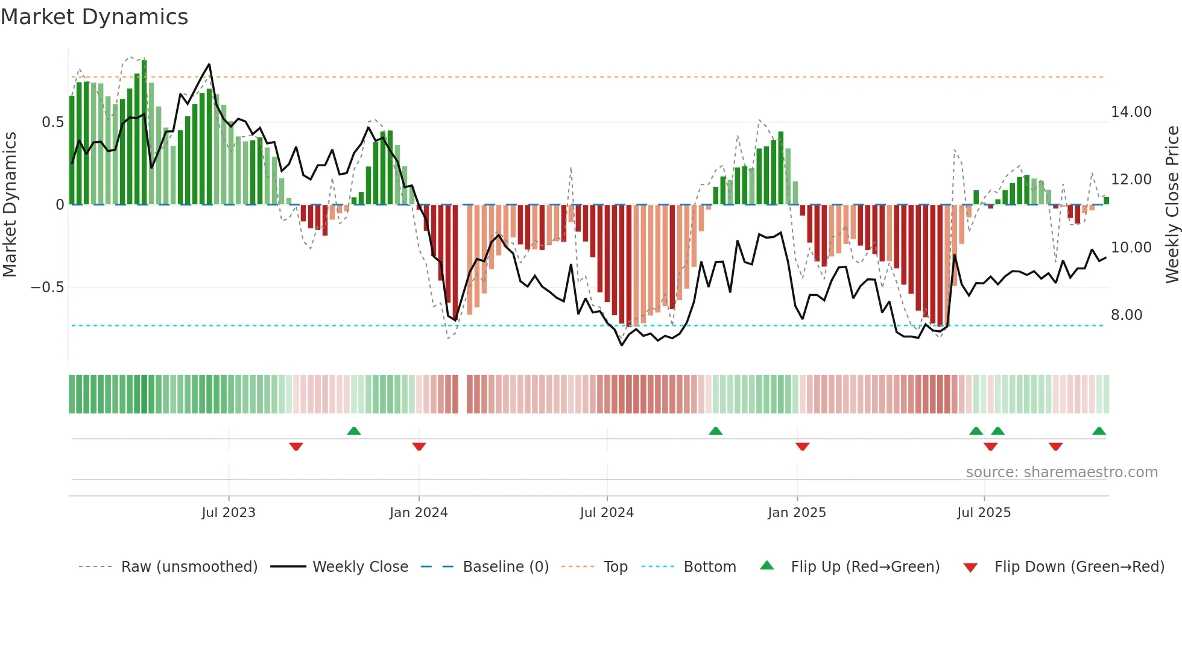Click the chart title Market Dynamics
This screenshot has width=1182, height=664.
pos(94,17)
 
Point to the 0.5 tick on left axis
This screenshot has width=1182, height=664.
pos(52,122)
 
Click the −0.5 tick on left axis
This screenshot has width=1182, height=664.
pos(48,287)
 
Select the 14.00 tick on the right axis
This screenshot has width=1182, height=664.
pos(1131,112)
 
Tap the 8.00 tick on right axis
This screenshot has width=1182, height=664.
pos(1126,315)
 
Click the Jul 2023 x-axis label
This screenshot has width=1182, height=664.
pos(229,513)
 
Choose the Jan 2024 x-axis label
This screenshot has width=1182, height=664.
pos(419,513)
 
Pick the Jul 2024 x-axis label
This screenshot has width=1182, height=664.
pos(607,513)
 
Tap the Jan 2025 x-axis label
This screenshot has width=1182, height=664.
pos(797,513)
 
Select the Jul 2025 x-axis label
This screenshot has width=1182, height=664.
pos(984,513)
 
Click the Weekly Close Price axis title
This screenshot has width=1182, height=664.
pos(1172,204)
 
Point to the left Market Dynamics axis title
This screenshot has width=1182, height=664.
pos(10,204)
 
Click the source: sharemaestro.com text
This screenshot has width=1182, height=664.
pos(1061,472)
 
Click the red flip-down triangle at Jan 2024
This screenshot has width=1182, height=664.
pos(419,446)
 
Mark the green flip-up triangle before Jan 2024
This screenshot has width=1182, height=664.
pos(354,431)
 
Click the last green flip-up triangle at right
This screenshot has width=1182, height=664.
pos(1099,431)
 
